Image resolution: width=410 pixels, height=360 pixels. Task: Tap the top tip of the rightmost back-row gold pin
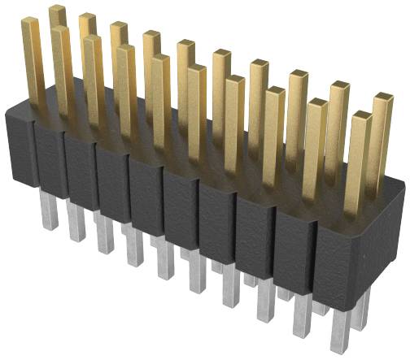[x=383, y=98]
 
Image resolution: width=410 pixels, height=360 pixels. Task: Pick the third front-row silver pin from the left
[x=104, y=236]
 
